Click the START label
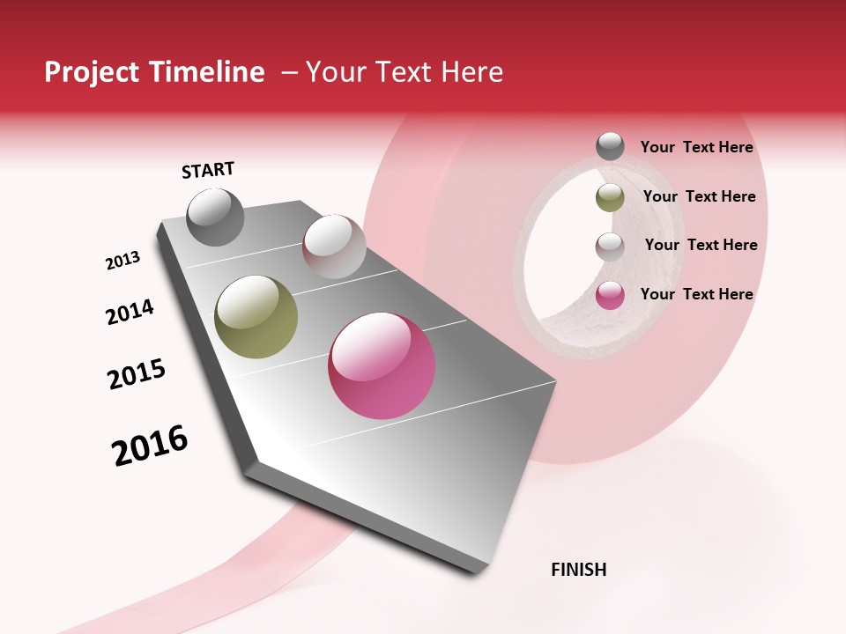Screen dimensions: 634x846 (x=208, y=170)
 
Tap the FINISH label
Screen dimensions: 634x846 (x=578, y=570)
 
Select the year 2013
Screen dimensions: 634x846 (x=122, y=261)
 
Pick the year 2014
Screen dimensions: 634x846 (x=130, y=312)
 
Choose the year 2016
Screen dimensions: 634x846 (x=150, y=446)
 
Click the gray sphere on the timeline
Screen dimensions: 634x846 (x=215, y=217)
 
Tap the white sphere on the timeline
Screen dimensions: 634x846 (x=334, y=247)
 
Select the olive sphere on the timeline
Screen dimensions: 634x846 (x=256, y=317)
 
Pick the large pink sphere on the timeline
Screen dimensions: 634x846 (x=382, y=365)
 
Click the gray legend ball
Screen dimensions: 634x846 (x=610, y=147)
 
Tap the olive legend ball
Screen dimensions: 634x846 (x=610, y=197)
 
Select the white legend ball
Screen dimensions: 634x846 (x=610, y=247)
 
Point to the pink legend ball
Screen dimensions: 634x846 (x=610, y=295)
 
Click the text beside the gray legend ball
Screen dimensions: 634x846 (x=696, y=148)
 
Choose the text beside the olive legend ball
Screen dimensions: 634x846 (x=699, y=197)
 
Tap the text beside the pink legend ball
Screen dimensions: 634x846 (x=696, y=294)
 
